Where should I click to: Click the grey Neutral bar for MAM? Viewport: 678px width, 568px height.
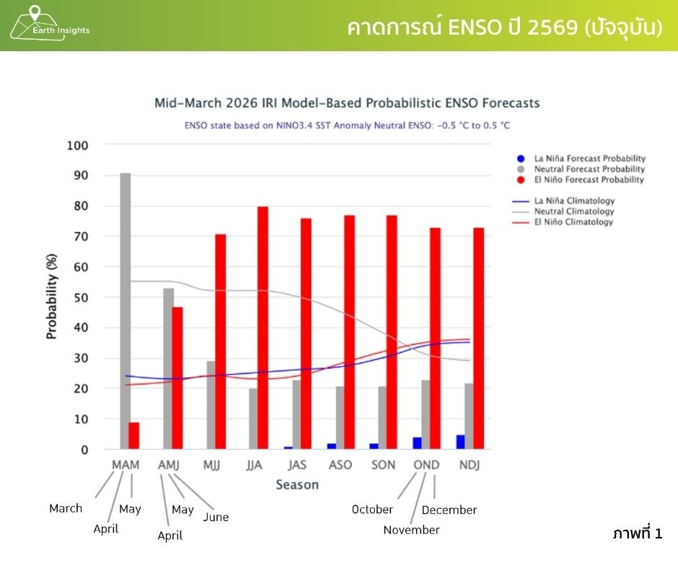pyautogui.click(x=126, y=311)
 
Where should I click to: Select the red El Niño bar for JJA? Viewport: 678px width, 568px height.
pyautogui.click(x=263, y=328)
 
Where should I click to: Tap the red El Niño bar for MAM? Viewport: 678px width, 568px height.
pyautogui.click(x=133, y=436)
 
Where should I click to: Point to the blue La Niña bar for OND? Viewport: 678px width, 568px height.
pyautogui.click(x=417, y=443)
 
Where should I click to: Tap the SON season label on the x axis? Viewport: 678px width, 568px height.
pyautogui.click(x=383, y=465)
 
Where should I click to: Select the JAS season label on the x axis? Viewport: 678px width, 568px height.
pyautogui.click(x=297, y=465)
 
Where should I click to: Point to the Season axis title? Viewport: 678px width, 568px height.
pyautogui.click(x=296, y=485)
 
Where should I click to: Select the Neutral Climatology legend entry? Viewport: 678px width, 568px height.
pyautogui.click(x=573, y=212)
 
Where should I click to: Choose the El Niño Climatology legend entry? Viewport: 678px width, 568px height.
pyautogui.click(x=573, y=223)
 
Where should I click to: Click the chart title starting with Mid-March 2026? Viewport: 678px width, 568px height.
pyautogui.click(x=347, y=103)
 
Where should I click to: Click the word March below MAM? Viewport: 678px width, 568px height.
pyautogui.click(x=66, y=508)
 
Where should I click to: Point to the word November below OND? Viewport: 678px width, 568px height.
pyautogui.click(x=411, y=531)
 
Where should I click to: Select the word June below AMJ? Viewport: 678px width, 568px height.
pyautogui.click(x=216, y=517)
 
